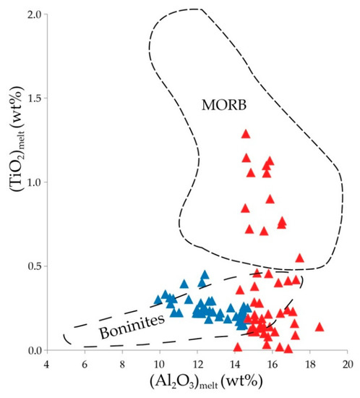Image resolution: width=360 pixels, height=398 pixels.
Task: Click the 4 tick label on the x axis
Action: [47, 363]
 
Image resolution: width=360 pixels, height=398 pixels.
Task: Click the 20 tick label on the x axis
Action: [348, 363]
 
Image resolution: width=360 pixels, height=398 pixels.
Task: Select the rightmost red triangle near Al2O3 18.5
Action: [320, 327]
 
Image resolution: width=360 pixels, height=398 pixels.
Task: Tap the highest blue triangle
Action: [205, 275]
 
